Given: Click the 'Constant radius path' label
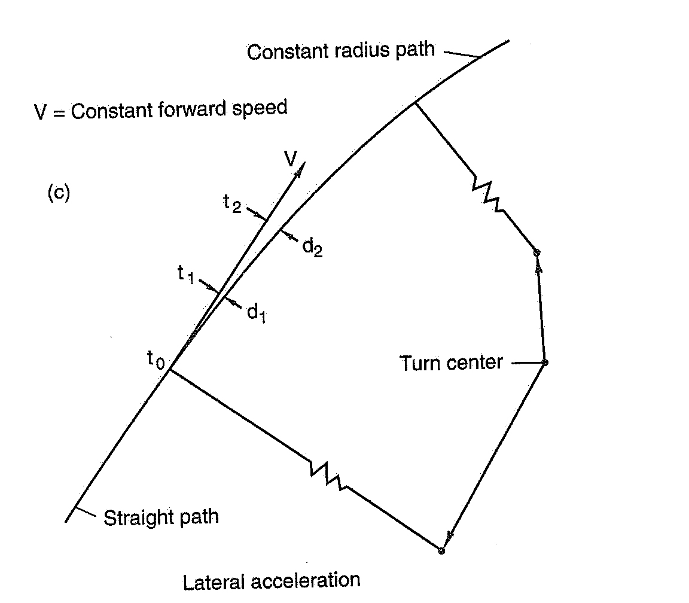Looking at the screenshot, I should coord(341,51).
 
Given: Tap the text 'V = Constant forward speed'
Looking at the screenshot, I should coord(160,110).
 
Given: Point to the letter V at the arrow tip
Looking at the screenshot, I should coord(291,158).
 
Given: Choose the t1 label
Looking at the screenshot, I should coord(187,273).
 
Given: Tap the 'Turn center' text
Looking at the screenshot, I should coord(452,363).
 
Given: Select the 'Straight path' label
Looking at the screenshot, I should coord(161,516).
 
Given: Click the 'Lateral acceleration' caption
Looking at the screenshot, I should coord(272,580).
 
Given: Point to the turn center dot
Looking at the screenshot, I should coord(544,363).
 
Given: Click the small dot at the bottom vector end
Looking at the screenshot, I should coord(441,550).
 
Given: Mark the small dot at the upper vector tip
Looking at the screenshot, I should coord(537,252).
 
